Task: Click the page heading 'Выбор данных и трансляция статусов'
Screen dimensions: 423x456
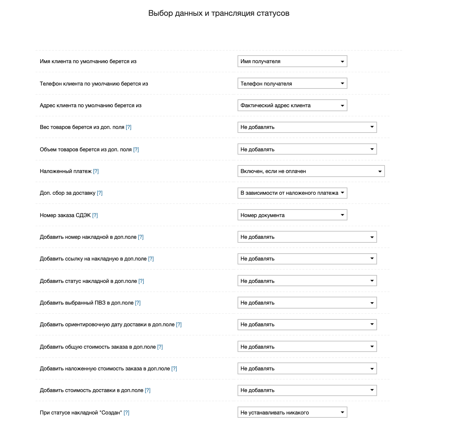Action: (219, 13)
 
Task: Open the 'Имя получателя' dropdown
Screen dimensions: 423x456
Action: (292, 62)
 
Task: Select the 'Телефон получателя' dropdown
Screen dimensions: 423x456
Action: (292, 84)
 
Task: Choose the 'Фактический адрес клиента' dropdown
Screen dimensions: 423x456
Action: (292, 106)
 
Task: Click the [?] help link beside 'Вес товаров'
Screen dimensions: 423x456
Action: (129, 127)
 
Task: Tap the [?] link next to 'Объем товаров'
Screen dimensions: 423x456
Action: (136, 150)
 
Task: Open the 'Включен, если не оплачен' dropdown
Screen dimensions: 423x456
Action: (311, 171)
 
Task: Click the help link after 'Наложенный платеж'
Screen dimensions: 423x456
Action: (96, 171)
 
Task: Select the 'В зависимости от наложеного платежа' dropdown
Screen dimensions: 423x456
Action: (292, 193)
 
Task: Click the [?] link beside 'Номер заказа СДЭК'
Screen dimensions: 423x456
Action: (95, 215)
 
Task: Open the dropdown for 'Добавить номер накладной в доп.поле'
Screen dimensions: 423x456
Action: (307, 237)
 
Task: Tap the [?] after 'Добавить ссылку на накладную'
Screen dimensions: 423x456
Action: (151, 259)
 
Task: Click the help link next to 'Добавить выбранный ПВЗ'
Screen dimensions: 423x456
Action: (138, 303)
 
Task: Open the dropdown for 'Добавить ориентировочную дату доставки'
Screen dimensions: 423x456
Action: (307, 325)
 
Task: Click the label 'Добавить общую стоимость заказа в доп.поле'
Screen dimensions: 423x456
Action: (98, 347)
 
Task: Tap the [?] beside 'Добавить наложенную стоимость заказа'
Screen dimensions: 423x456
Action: (174, 369)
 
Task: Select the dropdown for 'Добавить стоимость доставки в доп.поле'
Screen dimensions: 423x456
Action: (307, 390)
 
